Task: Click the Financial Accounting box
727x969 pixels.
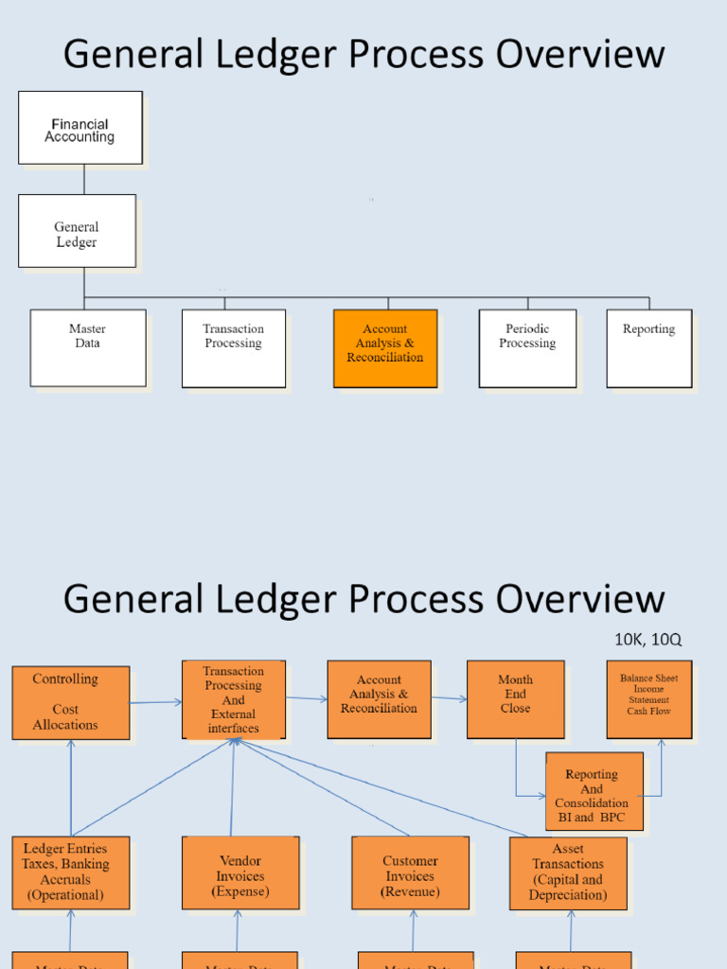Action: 80,128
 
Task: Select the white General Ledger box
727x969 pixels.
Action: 77,231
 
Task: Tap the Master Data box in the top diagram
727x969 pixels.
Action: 88,347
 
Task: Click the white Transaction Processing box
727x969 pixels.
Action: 234,347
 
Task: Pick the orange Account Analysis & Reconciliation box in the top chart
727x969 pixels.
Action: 385,347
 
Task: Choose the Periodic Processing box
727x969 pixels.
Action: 527,347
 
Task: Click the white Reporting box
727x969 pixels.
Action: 648,347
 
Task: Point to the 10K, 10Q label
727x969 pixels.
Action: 647,640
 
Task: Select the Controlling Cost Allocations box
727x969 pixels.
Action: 71,702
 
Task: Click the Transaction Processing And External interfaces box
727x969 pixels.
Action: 234,700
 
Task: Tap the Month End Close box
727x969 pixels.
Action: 515,699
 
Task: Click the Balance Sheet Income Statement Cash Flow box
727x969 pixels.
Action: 648,699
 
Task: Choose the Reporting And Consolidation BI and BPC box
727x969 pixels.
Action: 594,791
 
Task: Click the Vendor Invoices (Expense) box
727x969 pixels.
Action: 240,872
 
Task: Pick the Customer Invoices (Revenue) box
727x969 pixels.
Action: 410,872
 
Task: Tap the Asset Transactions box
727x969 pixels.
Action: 568,872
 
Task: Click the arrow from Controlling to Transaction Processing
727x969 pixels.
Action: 155,702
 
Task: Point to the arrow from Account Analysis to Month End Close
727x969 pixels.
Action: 449,698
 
